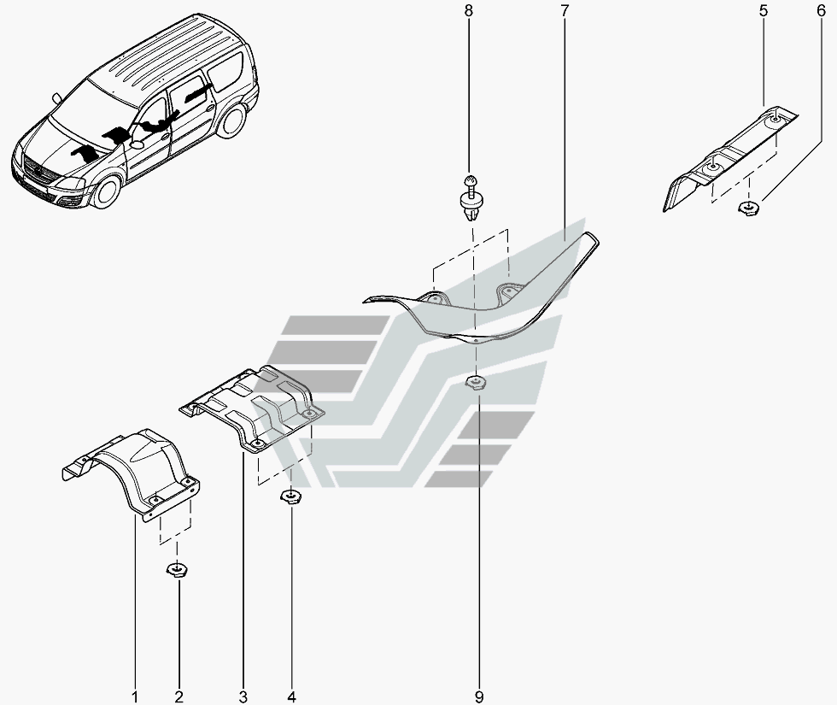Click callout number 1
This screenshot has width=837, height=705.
point(136,696)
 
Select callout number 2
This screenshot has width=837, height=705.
point(180,696)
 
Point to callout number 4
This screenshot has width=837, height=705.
point(292,696)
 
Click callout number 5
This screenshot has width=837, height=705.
point(763,11)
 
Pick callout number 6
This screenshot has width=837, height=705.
point(809,11)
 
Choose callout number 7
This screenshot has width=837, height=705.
point(565,11)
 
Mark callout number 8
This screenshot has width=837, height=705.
point(467,11)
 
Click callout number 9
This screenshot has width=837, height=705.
point(478,696)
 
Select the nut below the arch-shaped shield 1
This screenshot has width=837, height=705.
point(179,569)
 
